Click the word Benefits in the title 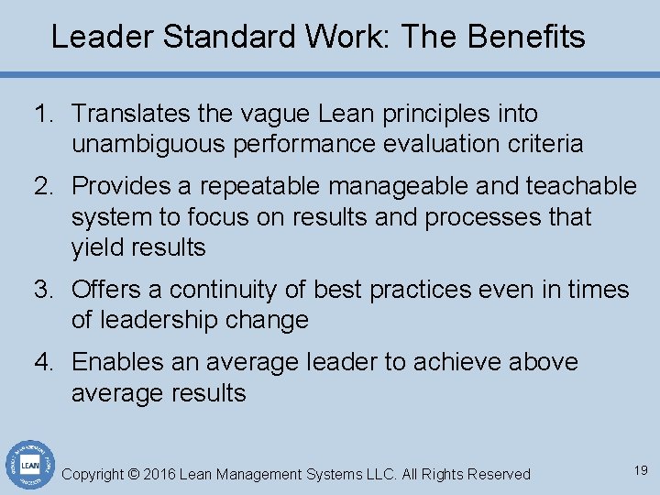click(x=525, y=37)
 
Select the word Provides click(x=121, y=186)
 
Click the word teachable click(x=581, y=186)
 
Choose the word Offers click(x=106, y=290)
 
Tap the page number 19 click(x=640, y=470)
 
